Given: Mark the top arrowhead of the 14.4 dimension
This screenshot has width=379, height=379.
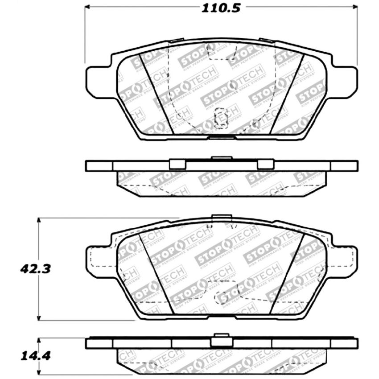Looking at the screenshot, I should (39, 339).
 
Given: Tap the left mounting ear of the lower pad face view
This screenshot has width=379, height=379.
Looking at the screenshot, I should (96, 260).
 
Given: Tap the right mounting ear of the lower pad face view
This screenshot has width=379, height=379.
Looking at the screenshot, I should (347, 260).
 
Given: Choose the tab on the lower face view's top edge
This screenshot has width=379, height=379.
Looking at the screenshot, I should (222, 218).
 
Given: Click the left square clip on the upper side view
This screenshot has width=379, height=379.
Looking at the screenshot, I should (177, 164).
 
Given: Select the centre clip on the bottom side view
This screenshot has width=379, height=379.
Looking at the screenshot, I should (222, 340).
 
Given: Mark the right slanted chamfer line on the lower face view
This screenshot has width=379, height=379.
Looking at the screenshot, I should (288, 272).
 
